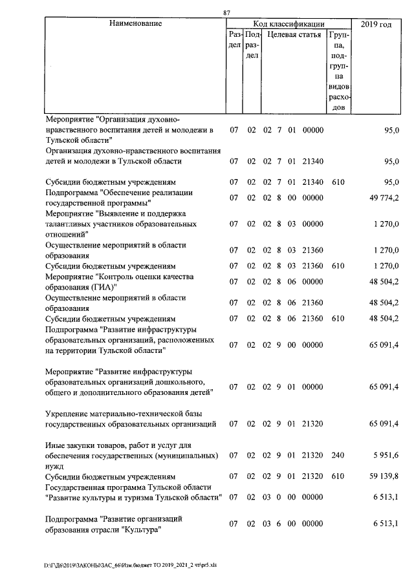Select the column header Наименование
(x=135, y=24)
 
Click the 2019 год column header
(x=378, y=24)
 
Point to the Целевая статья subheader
(x=294, y=35)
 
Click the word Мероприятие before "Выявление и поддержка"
(x=69, y=213)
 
